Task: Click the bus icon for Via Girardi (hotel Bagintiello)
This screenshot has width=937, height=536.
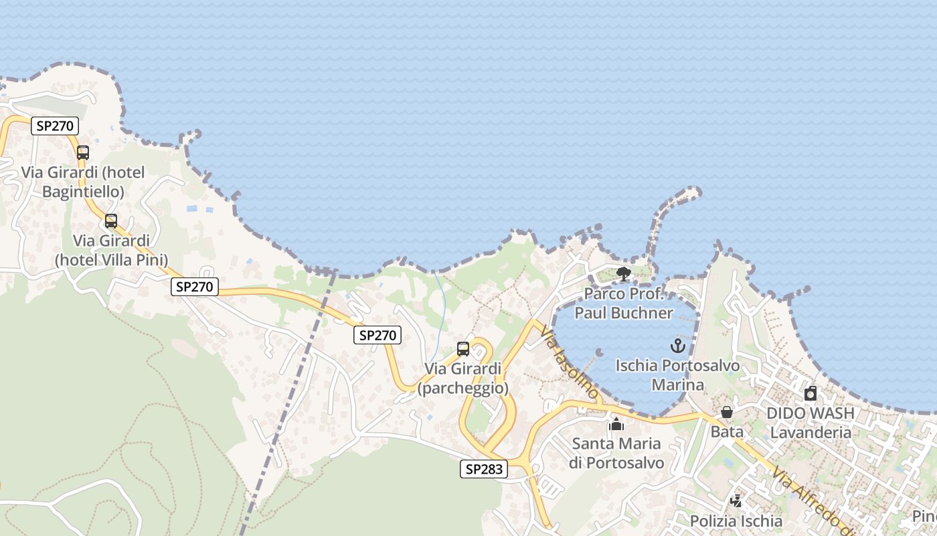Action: coord(83,153)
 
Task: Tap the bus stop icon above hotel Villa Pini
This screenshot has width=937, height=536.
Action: coord(111,221)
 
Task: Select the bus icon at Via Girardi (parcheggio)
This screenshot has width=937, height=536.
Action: coord(463,349)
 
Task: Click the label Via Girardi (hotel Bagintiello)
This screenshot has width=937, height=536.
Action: coord(83,182)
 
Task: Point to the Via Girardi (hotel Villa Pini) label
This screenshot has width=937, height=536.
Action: coord(111,250)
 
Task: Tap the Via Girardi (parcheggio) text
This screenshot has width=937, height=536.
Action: coord(463,379)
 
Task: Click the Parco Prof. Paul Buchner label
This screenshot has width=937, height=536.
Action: coord(624,304)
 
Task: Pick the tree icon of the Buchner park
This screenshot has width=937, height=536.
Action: coord(624,274)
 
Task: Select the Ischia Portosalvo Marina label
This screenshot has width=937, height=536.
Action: coord(678,375)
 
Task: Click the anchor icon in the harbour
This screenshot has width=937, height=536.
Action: coord(678,346)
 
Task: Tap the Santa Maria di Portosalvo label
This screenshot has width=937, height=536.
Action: coord(616,453)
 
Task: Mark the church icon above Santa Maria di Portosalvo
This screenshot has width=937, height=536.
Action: coord(616,424)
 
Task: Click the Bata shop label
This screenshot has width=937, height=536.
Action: coord(727,432)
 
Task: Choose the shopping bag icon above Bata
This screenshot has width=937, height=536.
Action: coord(727,412)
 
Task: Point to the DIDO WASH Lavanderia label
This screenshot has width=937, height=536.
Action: coord(811,423)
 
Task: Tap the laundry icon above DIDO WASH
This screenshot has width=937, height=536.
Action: coord(811,393)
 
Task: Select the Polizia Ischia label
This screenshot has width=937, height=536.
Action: coord(736,521)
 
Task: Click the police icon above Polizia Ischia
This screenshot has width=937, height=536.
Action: coord(736,500)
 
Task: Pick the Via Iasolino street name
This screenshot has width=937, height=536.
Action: coord(569,363)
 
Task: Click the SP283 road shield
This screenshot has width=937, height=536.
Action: coord(484,469)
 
